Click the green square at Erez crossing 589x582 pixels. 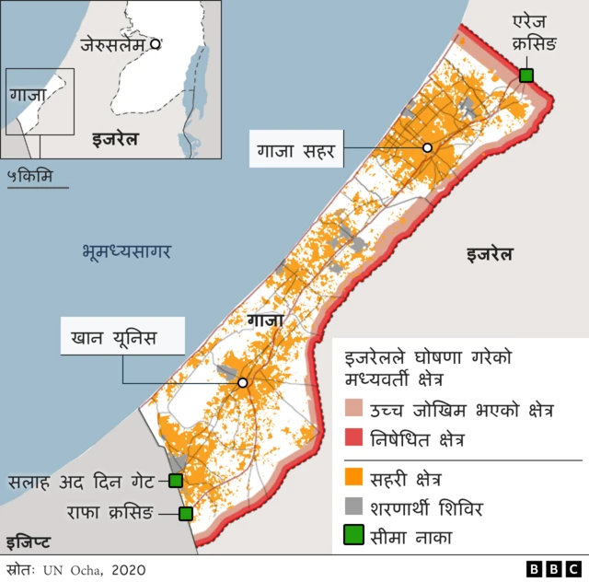pos(525,75)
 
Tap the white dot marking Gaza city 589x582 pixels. pos(427,147)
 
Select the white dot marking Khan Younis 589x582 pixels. pos(243,382)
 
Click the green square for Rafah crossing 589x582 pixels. pos(186,514)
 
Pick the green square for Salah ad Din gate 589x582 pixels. pos(176,480)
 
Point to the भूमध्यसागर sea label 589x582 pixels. pos(126,250)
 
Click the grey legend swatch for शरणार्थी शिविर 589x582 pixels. pos(353,506)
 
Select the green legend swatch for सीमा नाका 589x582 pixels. pos(353,535)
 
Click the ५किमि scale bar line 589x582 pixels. pos(37,187)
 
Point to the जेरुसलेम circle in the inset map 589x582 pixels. pos(156,43)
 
